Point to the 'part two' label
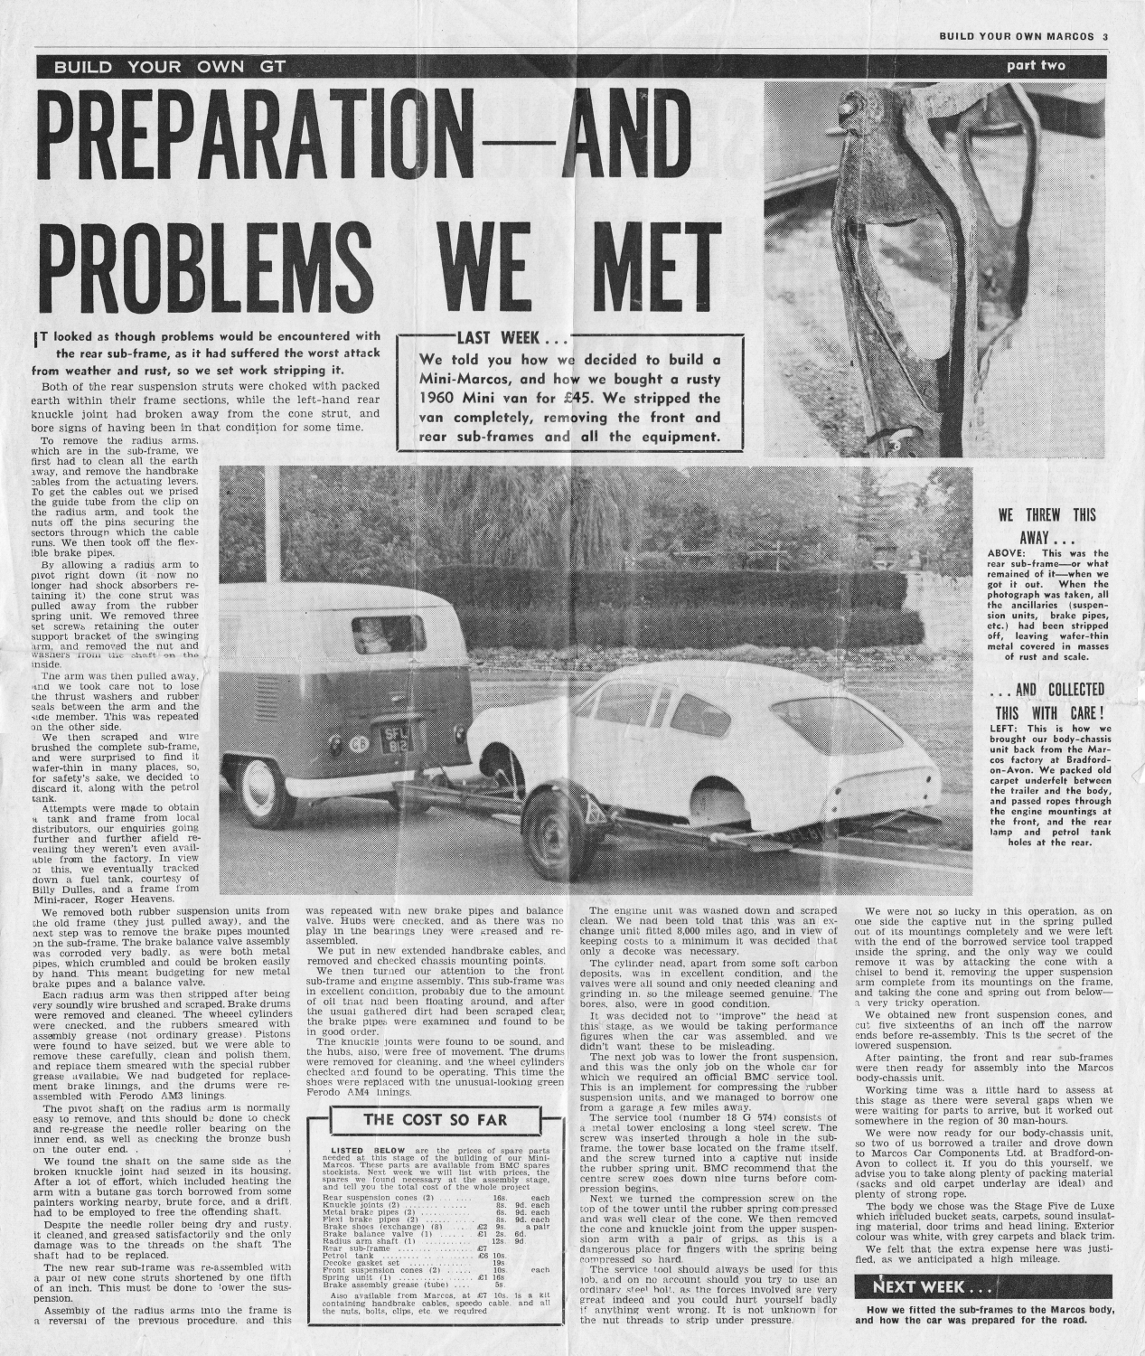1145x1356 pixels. pyautogui.click(x=1037, y=66)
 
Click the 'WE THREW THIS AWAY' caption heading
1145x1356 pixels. pyautogui.click(x=1046, y=525)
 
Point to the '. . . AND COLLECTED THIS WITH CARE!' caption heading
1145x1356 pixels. pyautogui.click(x=1046, y=701)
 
